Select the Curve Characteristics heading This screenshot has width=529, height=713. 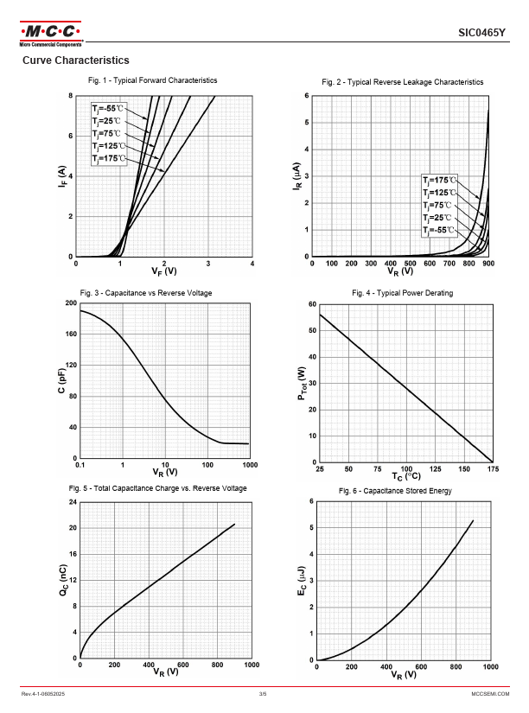pos(75,60)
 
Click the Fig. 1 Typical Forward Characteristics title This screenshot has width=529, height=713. pos(152,80)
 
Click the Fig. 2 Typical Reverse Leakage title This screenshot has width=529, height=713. pos(402,81)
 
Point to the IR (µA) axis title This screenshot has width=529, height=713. pos(296,177)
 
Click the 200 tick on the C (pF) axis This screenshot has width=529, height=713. pos(70,303)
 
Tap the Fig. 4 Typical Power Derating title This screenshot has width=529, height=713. pos(402,293)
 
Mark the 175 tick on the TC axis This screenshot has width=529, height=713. pos(493,468)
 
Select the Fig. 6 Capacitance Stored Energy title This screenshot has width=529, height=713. pos(402,491)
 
